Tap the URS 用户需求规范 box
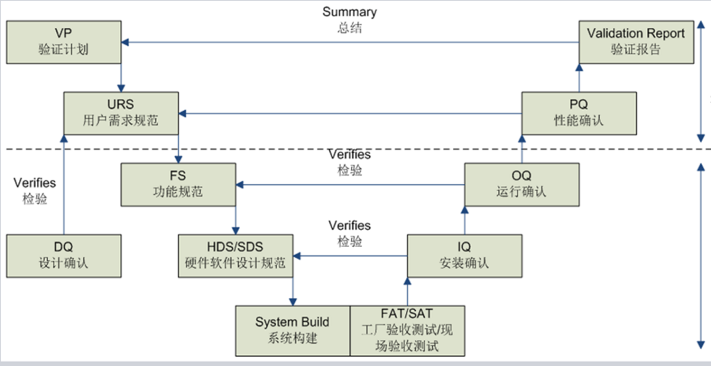tap(121, 112)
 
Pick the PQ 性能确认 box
tap(579, 112)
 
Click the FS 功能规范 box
tap(178, 184)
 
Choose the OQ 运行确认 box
tap(522, 184)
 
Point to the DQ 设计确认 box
tap(64, 255)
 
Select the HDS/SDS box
tap(235, 255)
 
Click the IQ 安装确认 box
tap(464, 255)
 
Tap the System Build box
tap(292, 330)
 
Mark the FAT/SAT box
tap(407, 330)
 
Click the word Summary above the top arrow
tap(349, 12)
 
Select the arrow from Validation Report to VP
tap(349, 42)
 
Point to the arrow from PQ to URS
tap(349, 113)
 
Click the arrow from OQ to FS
tap(349, 185)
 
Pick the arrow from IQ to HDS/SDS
tap(349, 256)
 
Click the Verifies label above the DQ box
tap(35, 183)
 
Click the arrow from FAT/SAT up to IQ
tap(407, 291)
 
